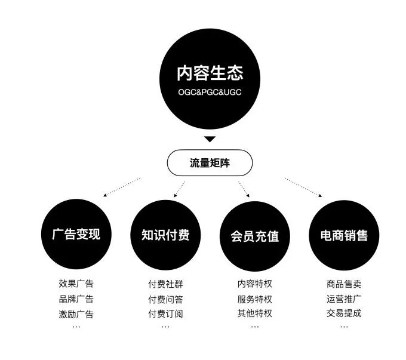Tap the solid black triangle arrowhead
(209, 139)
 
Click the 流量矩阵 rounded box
(210, 162)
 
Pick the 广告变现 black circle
(76, 234)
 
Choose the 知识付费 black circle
(165, 234)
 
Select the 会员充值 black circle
(255, 235)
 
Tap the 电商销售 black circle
(344, 235)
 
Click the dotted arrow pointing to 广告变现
(122, 187)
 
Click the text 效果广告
(76, 284)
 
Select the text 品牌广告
(76, 299)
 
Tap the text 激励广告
(76, 313)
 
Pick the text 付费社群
(165, 284)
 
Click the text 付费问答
(165, 299)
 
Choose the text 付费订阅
(165, 313)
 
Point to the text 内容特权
(255, 284)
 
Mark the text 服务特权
(255, 299)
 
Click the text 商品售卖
(344, 284)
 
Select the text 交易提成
(344, 313)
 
